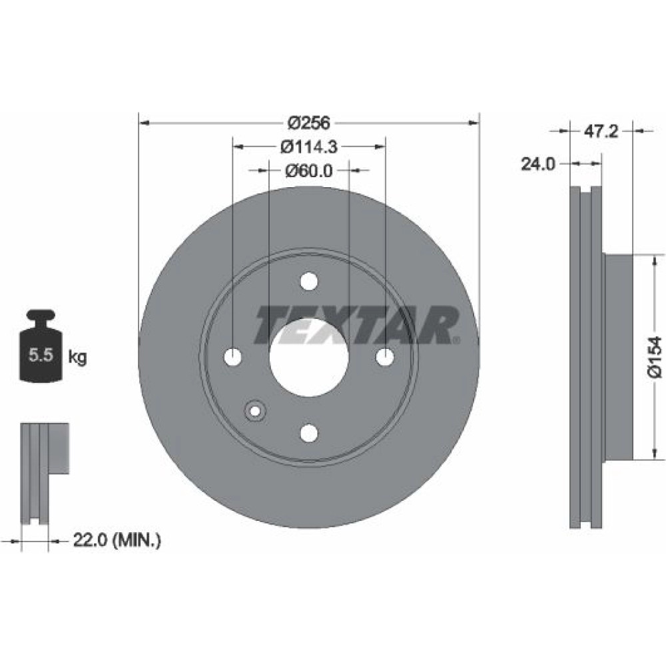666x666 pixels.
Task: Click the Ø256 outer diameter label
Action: click(x=309, y=123)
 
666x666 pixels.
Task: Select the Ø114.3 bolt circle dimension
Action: click(x=309, y=147)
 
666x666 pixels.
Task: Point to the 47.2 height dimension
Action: click(x=601, y=132)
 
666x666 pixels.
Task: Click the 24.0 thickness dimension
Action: click(x=537, y=164)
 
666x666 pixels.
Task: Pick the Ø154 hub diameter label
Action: click(x=655, y=357)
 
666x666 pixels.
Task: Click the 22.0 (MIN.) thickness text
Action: click(x=117, y=540)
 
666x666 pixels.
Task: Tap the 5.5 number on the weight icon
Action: click(x=41, y=355)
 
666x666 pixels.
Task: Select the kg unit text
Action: click(x=77, y=357)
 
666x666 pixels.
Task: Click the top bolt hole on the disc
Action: click(x=309, y=281)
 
